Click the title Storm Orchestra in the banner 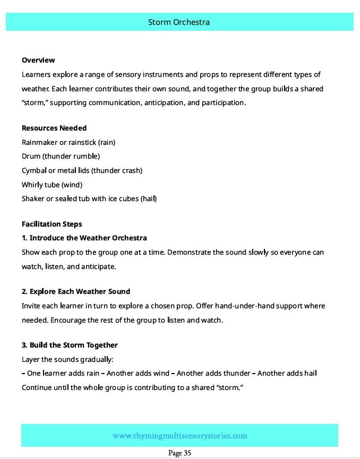(x=179, y=22)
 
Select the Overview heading (x=38, y=60)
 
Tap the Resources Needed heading (x=54, y=128)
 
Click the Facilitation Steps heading (x=52, y=224)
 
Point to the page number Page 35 (x=179, y=453)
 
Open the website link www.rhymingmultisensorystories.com (x=179, y=436)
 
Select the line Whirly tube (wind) (x=52, y=185)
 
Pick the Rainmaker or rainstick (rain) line (x=68, y=142)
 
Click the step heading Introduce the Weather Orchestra (x=88, y=238)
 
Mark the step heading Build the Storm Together (x=74, y=345)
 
